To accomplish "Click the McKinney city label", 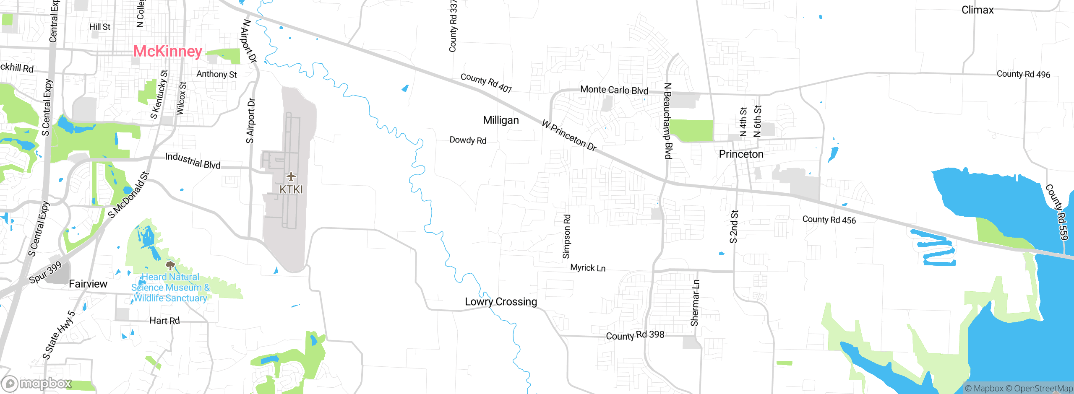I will click(x=167, y=52).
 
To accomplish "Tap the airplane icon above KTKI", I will click(x=291, y=176).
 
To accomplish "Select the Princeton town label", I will click(x=741, y=154).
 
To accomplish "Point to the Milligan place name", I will click(x=501, y=120).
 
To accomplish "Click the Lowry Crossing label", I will click(x=501, y=302).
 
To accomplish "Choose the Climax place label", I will click(x=978, y=10).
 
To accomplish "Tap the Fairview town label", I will click(x=88, y=284).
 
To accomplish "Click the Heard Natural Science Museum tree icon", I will click(x=170, y=265).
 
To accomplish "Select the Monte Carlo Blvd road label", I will click(x=614, y=90).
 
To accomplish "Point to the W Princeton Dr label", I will click(x=569, y=135).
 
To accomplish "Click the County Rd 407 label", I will click(x=486, y=83).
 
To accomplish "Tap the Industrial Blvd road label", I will click(x=193, y=161).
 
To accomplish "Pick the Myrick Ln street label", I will click(x=588, y=268).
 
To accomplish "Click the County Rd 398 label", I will click(x=635, y=335).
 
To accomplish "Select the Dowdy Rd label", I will click(x=468, y=140).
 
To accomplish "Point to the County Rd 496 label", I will click(x=1023, y=74).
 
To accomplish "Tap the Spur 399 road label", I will click(x=46, y=272).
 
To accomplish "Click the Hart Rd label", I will click(x=164, y=321).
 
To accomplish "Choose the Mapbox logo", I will click(x=36, y=383).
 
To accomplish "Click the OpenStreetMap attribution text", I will click(x=1042, y=389).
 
